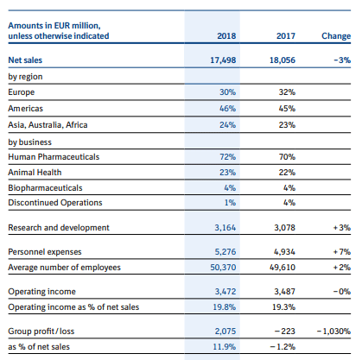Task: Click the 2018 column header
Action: [x=226, y=36]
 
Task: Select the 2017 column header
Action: [x=286, y=36]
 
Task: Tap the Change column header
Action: [x=336, y=36]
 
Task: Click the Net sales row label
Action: [x=25, y=60]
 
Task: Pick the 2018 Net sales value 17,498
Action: [x=223, y=60]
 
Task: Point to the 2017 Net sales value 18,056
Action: [x=283, y=60]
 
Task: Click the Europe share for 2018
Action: [x=227, y=92]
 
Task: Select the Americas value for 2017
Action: [x=287, y=109]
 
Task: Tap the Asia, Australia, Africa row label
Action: [x=48, y=125]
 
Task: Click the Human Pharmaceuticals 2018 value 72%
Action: [x=227, y=157]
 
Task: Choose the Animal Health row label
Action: [x=35, y=173]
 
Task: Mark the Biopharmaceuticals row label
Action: [x=45, y=188]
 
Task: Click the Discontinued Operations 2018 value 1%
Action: [x=230, y=203]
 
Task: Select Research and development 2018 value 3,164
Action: [x=225, y=228]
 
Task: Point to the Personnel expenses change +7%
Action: [x=342, y=252]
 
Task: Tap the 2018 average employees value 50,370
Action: [x=223, y=268]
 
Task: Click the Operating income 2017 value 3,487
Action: [x=284, y=292]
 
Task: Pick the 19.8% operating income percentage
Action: [x=224, y=307]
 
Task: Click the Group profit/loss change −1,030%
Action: [x=333, y=332]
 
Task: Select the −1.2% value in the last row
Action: [x=283, y=347]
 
